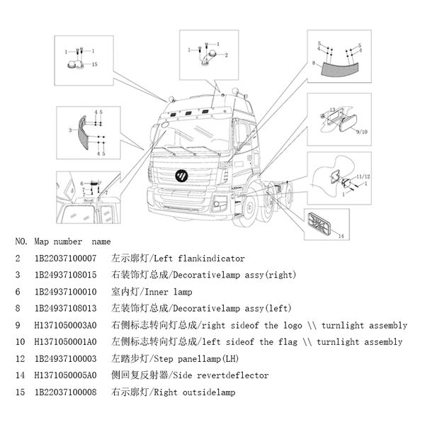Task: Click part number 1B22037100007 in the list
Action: (x=65, y=259)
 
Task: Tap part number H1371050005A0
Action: (x=65, y=375)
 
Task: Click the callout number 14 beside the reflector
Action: (x=340, y=235)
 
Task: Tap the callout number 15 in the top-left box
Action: (x=94, y=64)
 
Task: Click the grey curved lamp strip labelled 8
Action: (x=341, y=68)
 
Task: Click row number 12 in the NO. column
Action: (x=18, y=359)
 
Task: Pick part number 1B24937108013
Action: (x=65, y=309)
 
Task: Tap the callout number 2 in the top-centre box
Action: (x=226, y=55)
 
